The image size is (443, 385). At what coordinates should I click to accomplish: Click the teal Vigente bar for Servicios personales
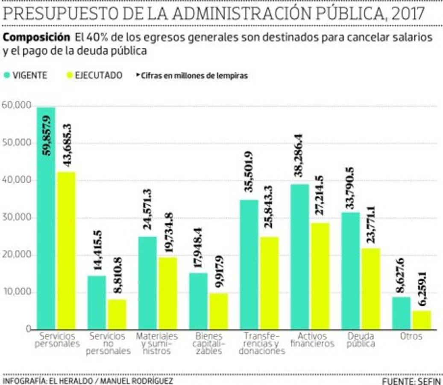(46, 218)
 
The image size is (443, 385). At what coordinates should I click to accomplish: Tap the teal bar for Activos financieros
(300, 257)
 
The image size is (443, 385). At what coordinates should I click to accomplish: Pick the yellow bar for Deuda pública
(371, 289)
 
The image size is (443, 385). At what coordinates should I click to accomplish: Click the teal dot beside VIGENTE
(6, 75)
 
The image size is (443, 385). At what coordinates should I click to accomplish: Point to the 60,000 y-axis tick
(16, 105)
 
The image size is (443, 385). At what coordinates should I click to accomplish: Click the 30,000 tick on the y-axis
(16, 217)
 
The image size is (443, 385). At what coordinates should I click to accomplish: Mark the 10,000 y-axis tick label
(16, 292)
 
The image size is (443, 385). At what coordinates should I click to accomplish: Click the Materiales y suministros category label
(156, 344)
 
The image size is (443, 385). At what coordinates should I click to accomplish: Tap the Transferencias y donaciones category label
(261, 344)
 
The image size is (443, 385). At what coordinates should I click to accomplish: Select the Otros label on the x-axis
(411, 336)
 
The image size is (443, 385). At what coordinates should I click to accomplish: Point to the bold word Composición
(36, 37)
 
